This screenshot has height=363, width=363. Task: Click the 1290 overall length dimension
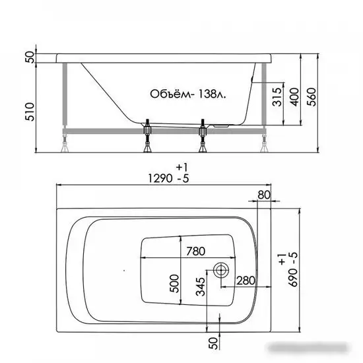click(160, 178)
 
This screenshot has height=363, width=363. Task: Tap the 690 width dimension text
click(293, 278)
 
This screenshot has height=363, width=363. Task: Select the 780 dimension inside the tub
click(196, 251)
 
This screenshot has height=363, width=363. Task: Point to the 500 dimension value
click(174, 284)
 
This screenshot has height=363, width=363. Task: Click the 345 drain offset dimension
click(201, 287)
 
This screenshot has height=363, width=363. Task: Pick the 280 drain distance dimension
click(246, 280)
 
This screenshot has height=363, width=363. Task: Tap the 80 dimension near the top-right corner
click(264, 195)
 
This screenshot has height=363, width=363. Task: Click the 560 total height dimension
click(312, 97)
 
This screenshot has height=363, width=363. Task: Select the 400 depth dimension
click(294, 97)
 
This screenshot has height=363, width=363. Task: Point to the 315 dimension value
click(277, 97)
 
